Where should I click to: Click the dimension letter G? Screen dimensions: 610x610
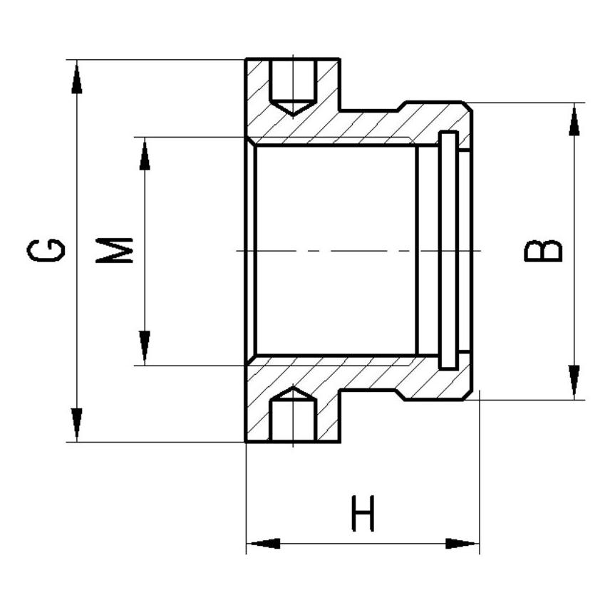[46, 250]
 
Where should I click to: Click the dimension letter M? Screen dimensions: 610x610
[114, 250]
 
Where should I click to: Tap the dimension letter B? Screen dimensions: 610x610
[543, 251]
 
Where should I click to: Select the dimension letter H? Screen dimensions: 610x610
[363, 513]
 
